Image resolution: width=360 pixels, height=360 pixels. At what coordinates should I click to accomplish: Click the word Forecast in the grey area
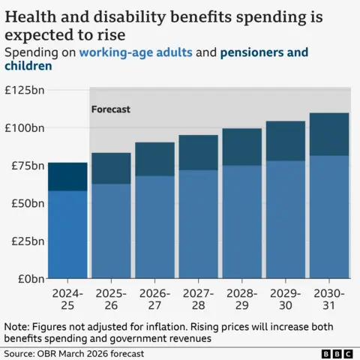click(x=110, y=109)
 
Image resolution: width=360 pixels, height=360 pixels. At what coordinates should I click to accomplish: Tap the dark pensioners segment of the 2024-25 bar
click(x=67, y=176)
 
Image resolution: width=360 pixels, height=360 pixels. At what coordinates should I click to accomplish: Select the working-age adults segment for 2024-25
click(x=67, y=234)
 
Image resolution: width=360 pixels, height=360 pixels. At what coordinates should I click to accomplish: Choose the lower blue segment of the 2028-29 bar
click(x=241, y=222)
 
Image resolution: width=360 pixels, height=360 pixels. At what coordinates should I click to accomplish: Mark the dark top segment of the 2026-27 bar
click(x=154, y=159)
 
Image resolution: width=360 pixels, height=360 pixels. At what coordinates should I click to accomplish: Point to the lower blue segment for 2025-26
click(x=111, y=231)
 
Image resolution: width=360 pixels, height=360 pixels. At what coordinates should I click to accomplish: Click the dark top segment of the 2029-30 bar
click(x=285, y=141)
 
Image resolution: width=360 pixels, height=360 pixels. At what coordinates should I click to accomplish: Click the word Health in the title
click(x=30, y=14)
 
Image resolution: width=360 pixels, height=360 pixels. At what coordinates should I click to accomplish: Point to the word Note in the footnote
click(x=16, y=327)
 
